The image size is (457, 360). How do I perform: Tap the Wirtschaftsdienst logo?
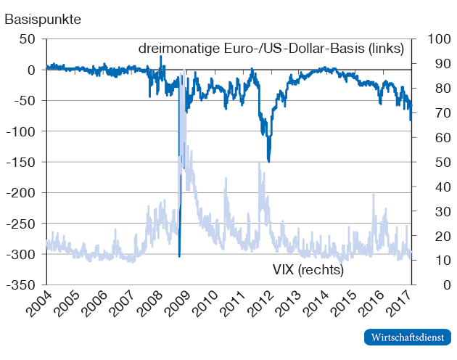point(408,337)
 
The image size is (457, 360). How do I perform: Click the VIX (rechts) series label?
point(308,269)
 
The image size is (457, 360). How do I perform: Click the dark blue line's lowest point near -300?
point(179,255)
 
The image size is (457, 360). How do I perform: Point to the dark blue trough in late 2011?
point(269,161)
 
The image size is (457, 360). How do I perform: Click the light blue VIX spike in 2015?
point(374,194)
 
